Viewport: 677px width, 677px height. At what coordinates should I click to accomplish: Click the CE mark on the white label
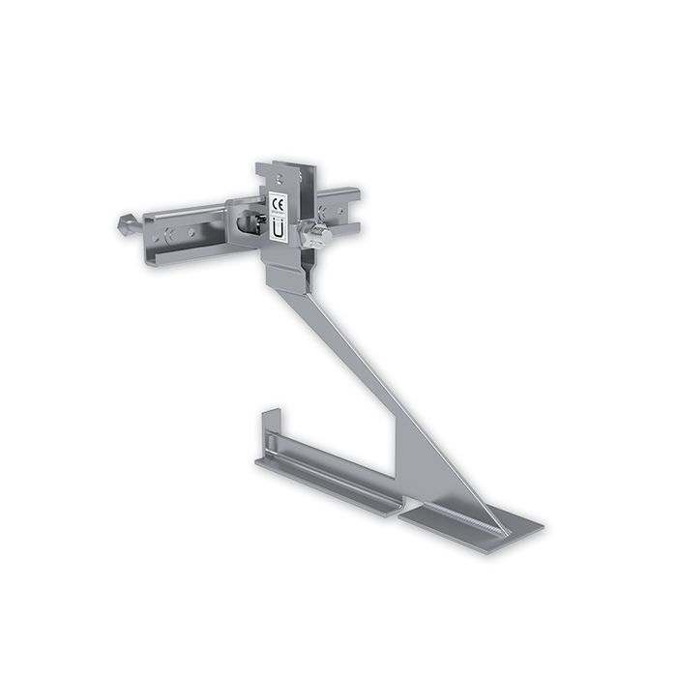click(279, 202)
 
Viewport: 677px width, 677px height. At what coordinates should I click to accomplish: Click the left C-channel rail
click(193, 232)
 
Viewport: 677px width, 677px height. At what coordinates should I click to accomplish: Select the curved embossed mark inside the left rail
click(170, 232)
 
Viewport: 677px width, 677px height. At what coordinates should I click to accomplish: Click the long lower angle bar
click(329, 474)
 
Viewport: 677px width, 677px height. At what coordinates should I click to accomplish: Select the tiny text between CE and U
click(279, 216)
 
